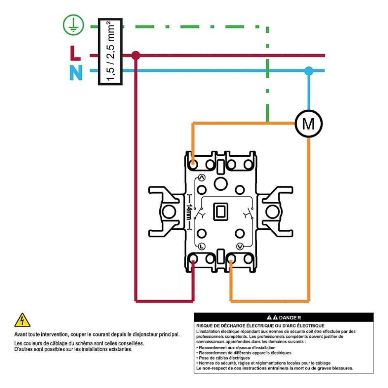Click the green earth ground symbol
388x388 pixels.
pyautogui.click(x=73, y=26)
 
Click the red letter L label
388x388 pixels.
pyautogui.click(x=75, y=53)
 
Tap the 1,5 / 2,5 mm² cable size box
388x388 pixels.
pyautogui.click(x=110, y=52)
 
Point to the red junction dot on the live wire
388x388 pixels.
pyautogui.click(x=135, y=55)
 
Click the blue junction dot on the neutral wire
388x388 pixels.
pyautogui.click(x=309, y=71)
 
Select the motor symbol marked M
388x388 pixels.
pyautogui.click(x=308, y=123)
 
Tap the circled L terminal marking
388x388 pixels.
pyautogui.click(x=201, y=246)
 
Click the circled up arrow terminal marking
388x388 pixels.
pyautogui.click(x=201, y=178)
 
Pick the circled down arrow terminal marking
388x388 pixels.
pyautogui.click(x=240, y=246)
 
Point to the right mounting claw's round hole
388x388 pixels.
pyautogui.click(x=272, y=212)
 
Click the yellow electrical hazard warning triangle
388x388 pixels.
pyautogui.click(x=22, y=320)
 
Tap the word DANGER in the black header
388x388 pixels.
pyautogui.click(x=290, y=317)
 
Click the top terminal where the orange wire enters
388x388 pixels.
pyautogui.click(x=193, y=164)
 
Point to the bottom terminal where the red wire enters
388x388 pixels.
pyautogui.click(x=193, y=259)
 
